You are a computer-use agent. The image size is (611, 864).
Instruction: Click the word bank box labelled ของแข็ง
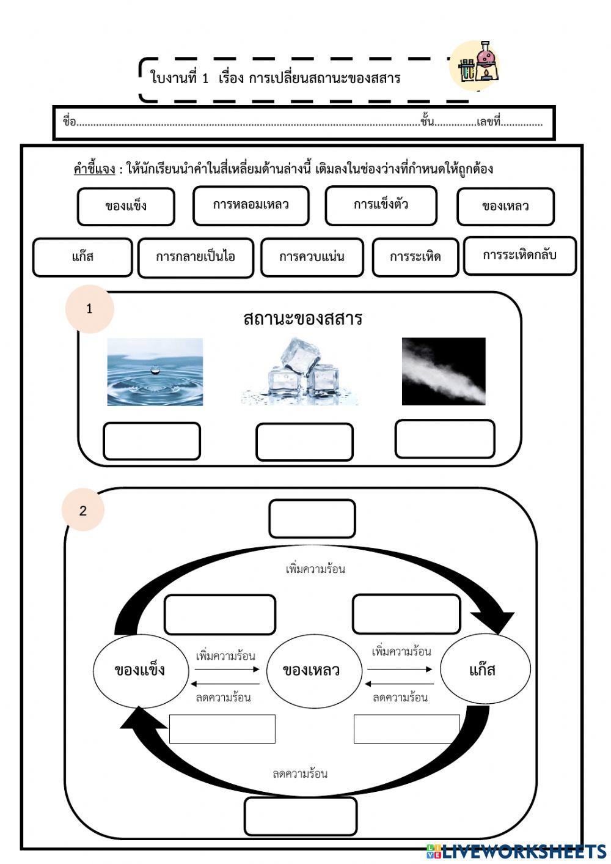point(126,206)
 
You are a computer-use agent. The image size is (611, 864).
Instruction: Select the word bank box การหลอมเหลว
point(251,205)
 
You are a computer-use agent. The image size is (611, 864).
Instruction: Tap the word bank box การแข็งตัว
point(381,205)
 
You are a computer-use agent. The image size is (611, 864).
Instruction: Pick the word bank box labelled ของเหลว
point(505,207)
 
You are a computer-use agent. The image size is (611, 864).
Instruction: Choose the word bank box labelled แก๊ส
point(82,257)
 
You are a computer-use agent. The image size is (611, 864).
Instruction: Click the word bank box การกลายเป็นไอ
point(196,257)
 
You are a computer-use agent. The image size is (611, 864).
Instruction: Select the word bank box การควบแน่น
point(312,257)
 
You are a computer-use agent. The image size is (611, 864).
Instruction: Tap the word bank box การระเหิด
point(415,257)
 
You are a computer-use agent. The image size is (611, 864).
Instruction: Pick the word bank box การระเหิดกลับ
point(519,256)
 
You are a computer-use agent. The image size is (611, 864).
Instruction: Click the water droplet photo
point(155,372)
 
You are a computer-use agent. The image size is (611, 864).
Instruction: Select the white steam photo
point(444,371)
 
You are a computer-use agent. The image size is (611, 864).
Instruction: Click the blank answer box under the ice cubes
point(304,441)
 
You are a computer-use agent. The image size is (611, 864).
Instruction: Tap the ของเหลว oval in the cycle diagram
point(312,670)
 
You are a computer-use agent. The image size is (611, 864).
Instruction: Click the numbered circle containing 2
point(83,510)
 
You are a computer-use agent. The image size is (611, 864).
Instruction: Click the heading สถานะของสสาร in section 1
point(302,319)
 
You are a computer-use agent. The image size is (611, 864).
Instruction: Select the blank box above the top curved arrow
point(312,519)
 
